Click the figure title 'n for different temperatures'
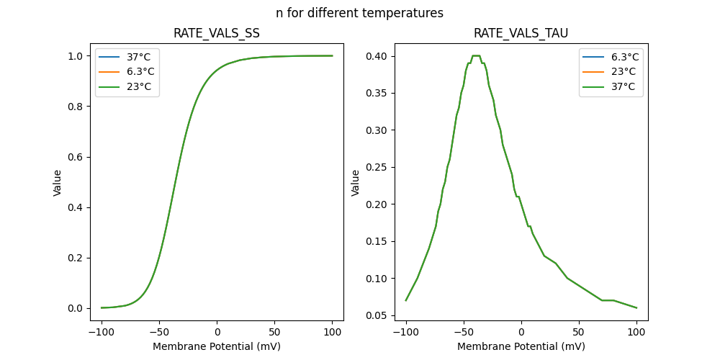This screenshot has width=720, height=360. [359, 13]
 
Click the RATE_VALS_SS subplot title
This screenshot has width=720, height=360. [217, 34]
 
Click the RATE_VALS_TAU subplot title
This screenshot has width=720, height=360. [521, 34]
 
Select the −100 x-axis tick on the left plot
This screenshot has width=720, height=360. [102, 332]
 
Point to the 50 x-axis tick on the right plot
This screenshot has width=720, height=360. [578, 332]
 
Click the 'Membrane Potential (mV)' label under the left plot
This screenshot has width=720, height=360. [217, 346]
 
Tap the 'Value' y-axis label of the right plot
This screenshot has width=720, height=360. [355, 183]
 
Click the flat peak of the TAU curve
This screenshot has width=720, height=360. [476, 55]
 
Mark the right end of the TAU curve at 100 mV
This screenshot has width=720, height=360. [636, 307]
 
